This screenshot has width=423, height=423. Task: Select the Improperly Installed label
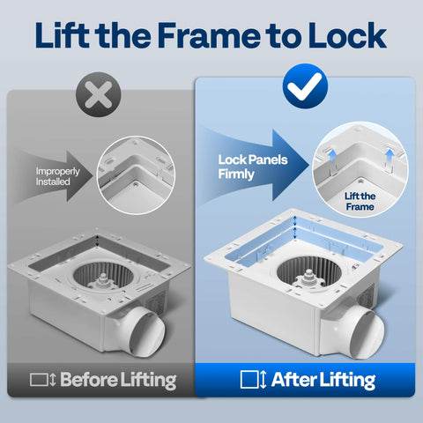(59, 177)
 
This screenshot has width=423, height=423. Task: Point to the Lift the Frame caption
(359, 200)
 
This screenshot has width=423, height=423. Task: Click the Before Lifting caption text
(117, 380)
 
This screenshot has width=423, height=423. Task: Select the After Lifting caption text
(322, 380)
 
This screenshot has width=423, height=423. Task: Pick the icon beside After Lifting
(253, 380)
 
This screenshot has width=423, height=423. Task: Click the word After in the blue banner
(294, 380)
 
